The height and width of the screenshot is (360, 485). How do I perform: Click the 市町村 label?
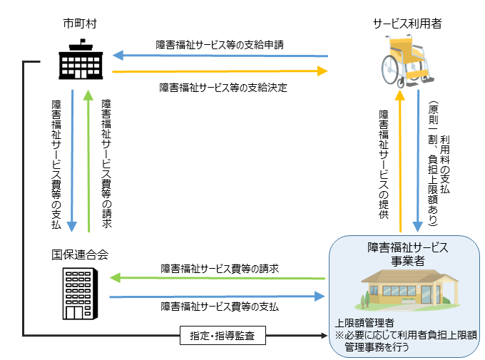[x=80, y=24]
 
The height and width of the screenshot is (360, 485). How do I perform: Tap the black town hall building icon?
[x=81, y=59]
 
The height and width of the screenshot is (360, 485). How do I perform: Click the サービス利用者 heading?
[x=407, y=24]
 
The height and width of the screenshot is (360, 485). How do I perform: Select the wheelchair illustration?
[x=407, y=61]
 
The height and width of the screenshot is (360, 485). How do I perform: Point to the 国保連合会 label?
[x=80, y=254]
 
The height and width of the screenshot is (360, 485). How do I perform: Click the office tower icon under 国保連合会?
[x=80, y=294]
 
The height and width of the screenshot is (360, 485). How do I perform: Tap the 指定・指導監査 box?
[x=223, y=335]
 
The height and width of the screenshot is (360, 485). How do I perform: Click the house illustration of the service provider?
[x=410, y=290]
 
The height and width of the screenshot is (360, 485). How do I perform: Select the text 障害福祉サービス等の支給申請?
[x=220, y=45]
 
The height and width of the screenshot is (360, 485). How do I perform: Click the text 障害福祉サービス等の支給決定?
[x=223, y=88]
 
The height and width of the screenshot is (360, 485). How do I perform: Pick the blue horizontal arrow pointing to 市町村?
[x=220, y=56]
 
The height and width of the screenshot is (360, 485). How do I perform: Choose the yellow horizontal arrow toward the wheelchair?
[x=220, y=71]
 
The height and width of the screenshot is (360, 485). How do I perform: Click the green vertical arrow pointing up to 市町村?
[x=88, y=161]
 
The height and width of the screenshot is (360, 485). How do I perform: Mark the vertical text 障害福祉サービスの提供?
[x=384, y=165]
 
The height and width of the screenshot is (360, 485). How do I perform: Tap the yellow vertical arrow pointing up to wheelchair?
[x=400, y=161]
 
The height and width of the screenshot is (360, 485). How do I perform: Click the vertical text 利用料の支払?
[x=445, y=165]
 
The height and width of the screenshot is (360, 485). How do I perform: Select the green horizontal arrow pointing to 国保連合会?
[x=218, y=278]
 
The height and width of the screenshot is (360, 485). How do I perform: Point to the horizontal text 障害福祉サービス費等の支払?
[x=220, y=307]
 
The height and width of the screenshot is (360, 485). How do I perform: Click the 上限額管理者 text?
[x=364, y=323]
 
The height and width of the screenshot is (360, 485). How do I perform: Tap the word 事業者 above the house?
[x=408, y=261]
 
